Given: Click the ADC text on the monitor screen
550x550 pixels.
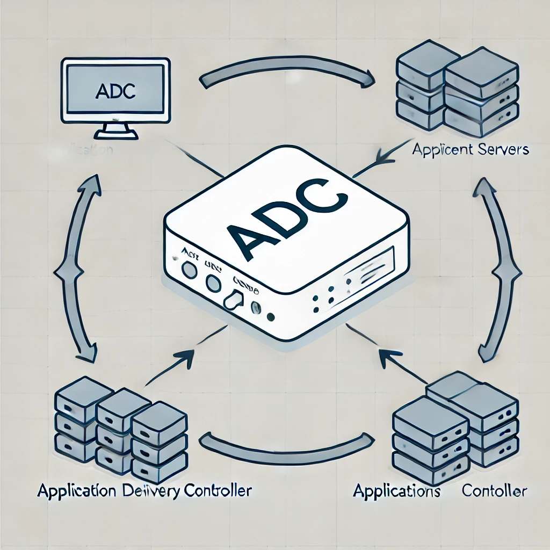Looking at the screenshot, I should tap(115, 91).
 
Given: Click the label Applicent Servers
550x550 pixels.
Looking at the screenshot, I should tap(471, 150).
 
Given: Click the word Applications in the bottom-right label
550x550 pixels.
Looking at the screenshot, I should tap(397, 491).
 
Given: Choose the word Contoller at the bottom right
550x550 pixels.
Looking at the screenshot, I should tap(495, 491).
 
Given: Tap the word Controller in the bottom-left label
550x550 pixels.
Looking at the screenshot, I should tap(218, 490).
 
